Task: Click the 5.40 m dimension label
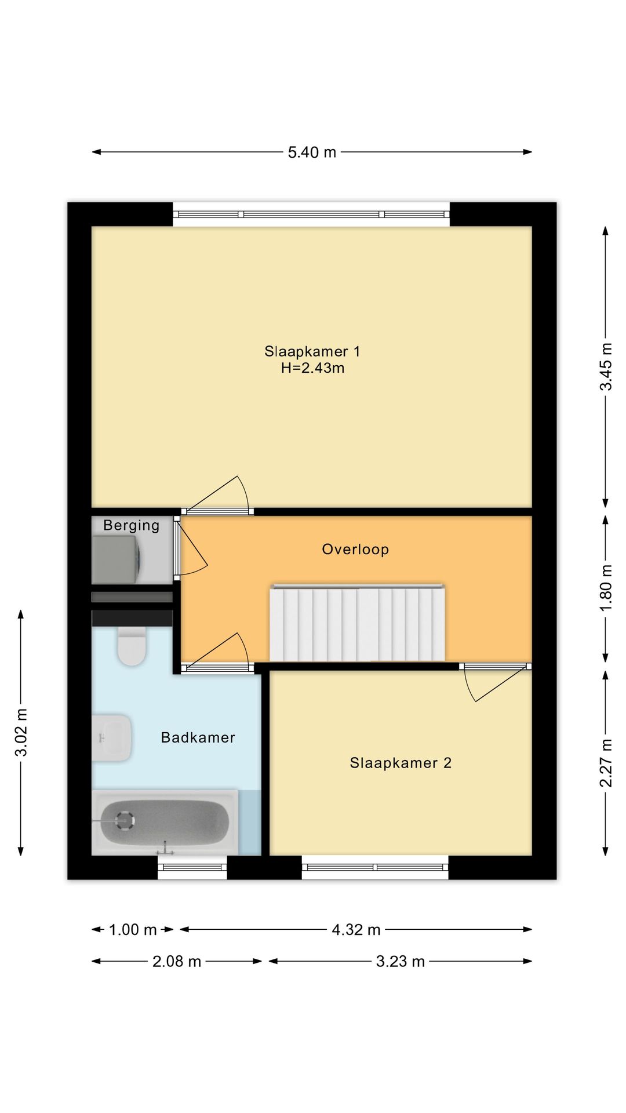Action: [x=312, y=152]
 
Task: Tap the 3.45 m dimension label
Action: [x=606, y=367]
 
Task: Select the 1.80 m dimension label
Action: [x=606, y=588]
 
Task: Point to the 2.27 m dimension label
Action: [x=606, y=763]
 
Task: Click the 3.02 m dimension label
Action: [x=21, y=733]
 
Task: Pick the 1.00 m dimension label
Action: [x=133, y=930]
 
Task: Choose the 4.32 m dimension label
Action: [x=356, y=930]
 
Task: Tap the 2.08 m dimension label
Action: [x=177, y=962]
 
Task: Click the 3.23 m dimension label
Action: [x=401, y=962]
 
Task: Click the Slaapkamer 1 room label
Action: [x=312, y=351]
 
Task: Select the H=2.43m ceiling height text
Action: [x=313, y=368]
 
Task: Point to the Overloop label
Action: [x=355, y=549]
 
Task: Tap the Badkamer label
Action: [x=198, y=737]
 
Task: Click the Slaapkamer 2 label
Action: [x=401, y=763]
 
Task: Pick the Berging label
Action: [x=132, y=526]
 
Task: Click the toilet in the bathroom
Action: [x=132, y=646]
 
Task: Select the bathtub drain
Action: [x=124, y=820]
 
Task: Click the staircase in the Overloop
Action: [x=357, y=623]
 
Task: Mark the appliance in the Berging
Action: [x=115, y=559]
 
